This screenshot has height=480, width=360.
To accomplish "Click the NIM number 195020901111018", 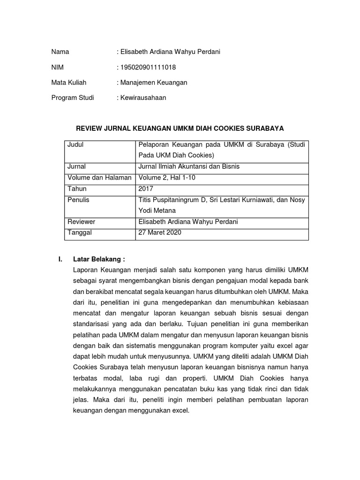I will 148,67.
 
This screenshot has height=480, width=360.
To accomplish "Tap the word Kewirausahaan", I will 143,98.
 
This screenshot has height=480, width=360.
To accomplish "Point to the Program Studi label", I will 73,98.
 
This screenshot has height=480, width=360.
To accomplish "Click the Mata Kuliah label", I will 69,82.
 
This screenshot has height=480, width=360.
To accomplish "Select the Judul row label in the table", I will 75,145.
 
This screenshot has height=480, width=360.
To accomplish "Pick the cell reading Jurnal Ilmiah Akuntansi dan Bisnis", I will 188,166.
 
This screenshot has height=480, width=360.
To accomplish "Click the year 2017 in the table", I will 146,188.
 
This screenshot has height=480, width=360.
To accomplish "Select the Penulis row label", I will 78,200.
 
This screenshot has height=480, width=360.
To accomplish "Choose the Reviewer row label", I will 81,222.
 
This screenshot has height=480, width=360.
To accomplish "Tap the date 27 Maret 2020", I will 160,232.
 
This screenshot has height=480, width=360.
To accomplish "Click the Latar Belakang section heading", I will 99,259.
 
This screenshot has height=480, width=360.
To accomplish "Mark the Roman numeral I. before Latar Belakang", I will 60,259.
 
